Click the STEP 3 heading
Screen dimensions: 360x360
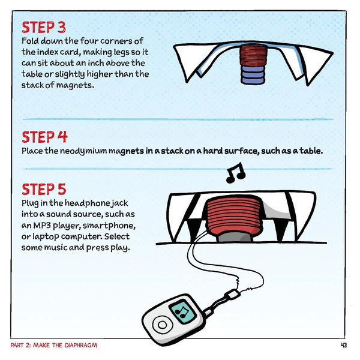(44, 28)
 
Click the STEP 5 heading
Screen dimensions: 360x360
(44, 190)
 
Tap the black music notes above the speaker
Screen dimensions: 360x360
(235, 172)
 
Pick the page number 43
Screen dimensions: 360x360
(344, 346)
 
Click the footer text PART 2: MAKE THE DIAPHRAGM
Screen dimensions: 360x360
(54, 346)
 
